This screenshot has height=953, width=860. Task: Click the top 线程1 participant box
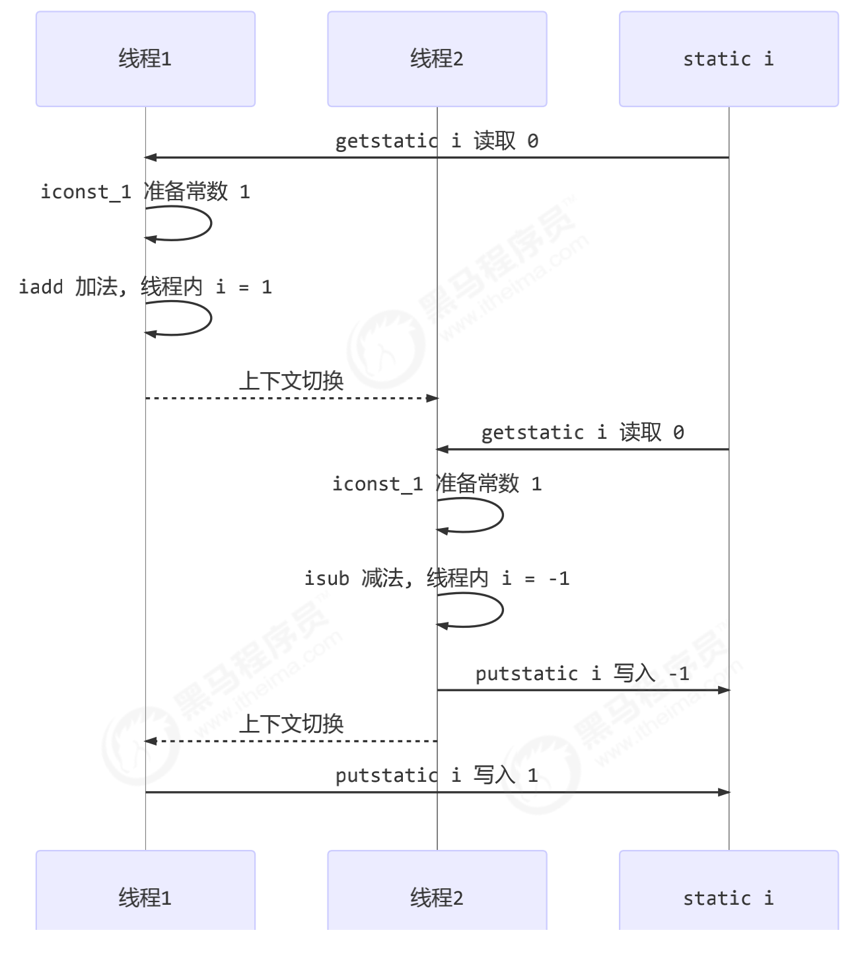coord(145,59)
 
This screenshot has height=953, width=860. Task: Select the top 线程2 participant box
coord(437,59)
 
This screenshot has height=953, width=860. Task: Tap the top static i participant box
coord(728,59)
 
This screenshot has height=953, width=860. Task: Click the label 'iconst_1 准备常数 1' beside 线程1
coord(145,192)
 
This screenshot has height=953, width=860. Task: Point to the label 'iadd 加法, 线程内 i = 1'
coord(145,287)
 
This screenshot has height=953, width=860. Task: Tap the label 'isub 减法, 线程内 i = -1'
coord(437,578)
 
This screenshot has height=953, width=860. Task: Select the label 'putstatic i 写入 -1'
coord(583,673)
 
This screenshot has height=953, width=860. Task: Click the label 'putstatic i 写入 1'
coord(437,775)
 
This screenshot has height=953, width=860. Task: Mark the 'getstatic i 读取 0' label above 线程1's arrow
coord(437,141)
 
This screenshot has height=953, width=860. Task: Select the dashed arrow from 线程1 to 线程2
coord(291,398)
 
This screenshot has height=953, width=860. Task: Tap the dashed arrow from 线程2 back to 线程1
coord(291,741)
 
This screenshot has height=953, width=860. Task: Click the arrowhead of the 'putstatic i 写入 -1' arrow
coord(724,690)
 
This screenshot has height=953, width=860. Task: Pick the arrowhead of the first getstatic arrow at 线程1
coord(151,157)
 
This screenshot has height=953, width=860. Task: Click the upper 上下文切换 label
coord(291,381)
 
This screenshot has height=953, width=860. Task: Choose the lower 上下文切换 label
coord(291,724)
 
